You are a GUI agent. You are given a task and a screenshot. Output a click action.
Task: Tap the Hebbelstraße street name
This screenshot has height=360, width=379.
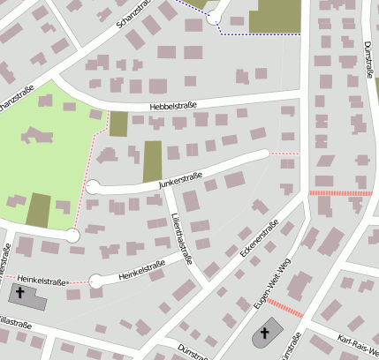point(173,106)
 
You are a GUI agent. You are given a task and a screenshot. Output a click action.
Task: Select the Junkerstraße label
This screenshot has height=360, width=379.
point(180,182)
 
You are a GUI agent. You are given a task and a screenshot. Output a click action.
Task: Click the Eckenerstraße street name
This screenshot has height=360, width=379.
point(259,239)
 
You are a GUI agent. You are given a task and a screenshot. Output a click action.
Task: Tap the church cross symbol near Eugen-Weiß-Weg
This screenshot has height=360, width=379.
point(262,335)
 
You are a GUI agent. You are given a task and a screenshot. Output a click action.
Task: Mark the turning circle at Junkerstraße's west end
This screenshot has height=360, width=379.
point(94,186)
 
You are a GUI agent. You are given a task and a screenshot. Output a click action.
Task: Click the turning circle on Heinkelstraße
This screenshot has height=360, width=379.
point(95,281)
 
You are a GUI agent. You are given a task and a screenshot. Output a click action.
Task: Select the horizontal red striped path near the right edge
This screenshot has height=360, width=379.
point(341,192)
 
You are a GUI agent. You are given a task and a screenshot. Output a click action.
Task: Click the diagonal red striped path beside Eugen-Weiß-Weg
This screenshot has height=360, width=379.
point(285,308)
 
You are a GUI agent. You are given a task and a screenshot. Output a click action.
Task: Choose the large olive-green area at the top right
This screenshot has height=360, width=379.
point(275,16)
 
